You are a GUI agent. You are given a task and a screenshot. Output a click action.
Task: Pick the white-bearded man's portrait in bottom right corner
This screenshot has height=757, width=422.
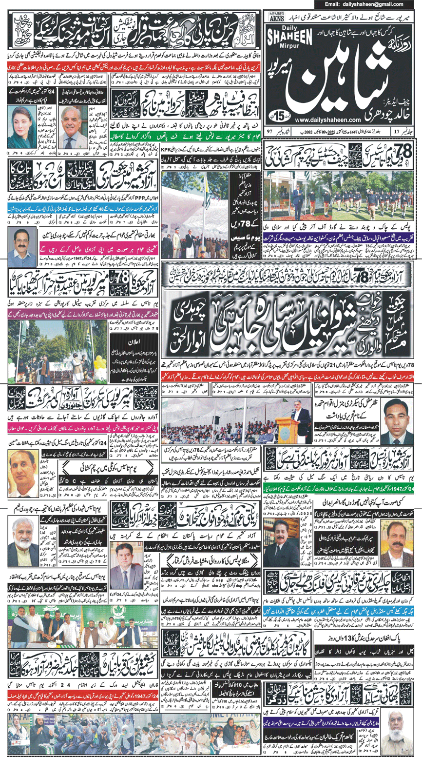(x=395, y=733)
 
